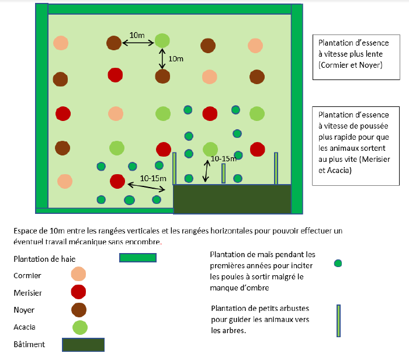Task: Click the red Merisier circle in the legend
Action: click(x=78, y=292)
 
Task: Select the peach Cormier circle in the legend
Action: click(x=78, y=275)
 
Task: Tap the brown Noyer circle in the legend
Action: click(x=78, y=309)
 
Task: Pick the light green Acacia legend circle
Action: click(x=79, y=327)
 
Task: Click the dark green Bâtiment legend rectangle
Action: click(x=83, y=345)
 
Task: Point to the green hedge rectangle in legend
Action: click(x=138, y=258)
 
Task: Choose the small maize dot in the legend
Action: click(x=338, y=264)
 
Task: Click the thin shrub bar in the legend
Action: click(x=338, y=321)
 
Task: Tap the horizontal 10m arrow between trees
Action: click(x=138, y=43)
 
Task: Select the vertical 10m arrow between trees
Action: click(x=162, y=59)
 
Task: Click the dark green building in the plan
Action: click(x=232, y=199)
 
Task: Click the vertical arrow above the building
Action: click(x=205, y=171)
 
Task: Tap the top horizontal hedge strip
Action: click(x=169, y=9)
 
